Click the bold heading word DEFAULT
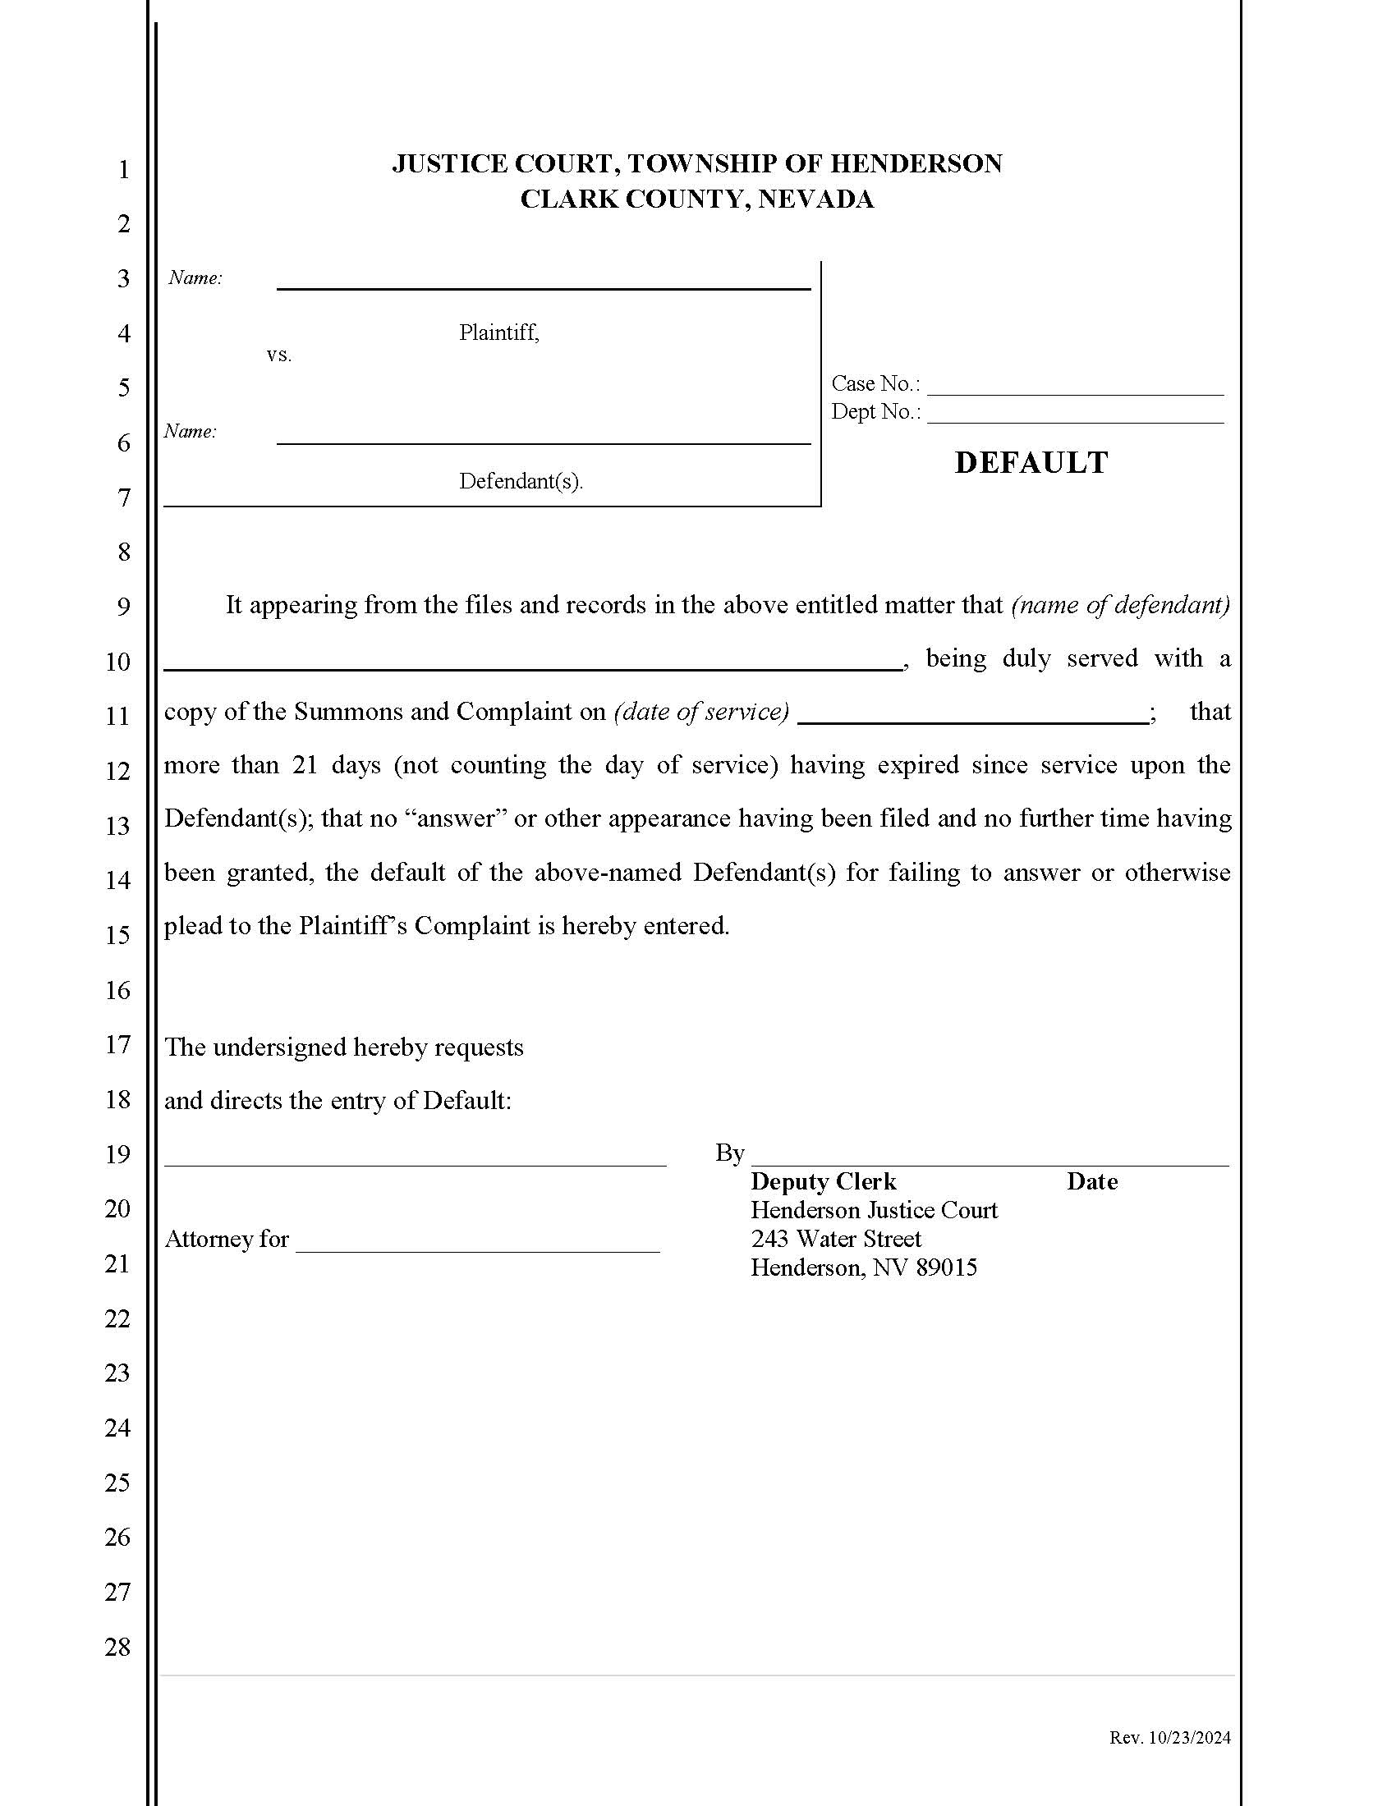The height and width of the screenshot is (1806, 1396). click(1031, 462)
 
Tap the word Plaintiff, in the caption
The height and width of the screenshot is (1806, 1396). click(498, 332)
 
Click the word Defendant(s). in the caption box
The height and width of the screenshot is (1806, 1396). click(521, 481)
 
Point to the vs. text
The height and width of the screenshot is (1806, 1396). click(278, 355)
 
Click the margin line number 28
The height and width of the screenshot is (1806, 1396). click(117, 1647)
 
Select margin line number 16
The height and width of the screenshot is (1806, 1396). click(117, 990)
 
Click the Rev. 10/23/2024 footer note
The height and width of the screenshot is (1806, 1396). click(1169, 1737)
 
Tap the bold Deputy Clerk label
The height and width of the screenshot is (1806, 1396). click(823, 1181)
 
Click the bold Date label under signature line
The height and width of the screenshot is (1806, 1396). click(1091, 1181)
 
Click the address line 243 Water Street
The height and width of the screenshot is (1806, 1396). click(835, 1239)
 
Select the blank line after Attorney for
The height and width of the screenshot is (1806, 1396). click(477, 1244)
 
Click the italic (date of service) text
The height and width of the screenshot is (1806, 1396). click(701, 712)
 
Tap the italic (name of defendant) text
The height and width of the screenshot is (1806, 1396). click(1120, 604)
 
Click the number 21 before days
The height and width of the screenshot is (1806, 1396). click(305, 765)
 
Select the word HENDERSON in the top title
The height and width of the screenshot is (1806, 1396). click(916, 163)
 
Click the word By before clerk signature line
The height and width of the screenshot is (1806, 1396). click(729, 1153)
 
